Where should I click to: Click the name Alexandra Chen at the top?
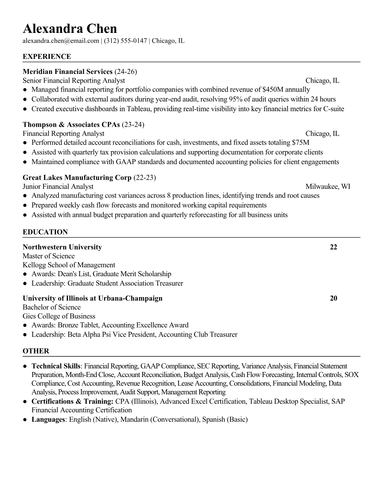click(x=70, y=29)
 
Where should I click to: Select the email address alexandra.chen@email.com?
click(x=61, y=41)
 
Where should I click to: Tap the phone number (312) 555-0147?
click(x=125, y=41)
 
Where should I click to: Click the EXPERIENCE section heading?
click(x=47, y=57)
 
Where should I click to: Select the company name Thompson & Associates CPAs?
click(x=71, y=125)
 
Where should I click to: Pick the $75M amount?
click(x=300, y=143)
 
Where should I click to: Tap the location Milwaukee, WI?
click(x=328, y=187)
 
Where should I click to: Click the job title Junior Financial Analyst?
click(x=58, y=187)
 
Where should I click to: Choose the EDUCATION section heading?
click(x=45, y=232)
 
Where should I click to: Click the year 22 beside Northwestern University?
click(x=334, y=247)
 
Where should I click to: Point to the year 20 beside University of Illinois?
click(x=334, y=298)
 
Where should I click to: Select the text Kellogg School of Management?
click(x=69, y=265)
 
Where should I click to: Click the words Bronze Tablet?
click(x=79, y=325)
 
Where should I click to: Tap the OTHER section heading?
click(x=36, y=351)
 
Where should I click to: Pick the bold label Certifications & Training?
click(x=72, y=401)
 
